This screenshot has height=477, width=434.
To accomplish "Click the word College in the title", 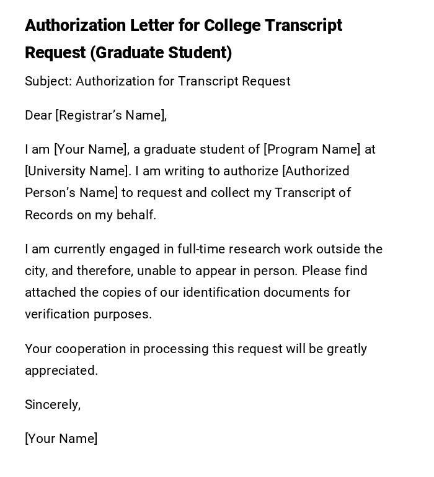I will pos(232,25).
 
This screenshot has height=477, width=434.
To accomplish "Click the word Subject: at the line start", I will pos(48,81).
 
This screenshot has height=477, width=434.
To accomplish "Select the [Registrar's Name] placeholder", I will pos(111,115).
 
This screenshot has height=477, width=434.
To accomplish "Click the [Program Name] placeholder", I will pos(312,149).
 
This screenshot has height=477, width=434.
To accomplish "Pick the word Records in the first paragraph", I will pos(47,215).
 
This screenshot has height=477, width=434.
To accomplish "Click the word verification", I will pos(57,314).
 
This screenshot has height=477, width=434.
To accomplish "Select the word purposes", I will pos(123,314).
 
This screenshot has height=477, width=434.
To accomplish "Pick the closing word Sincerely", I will pos(53,405).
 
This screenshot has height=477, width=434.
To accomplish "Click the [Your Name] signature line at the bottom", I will pos(61,439).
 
